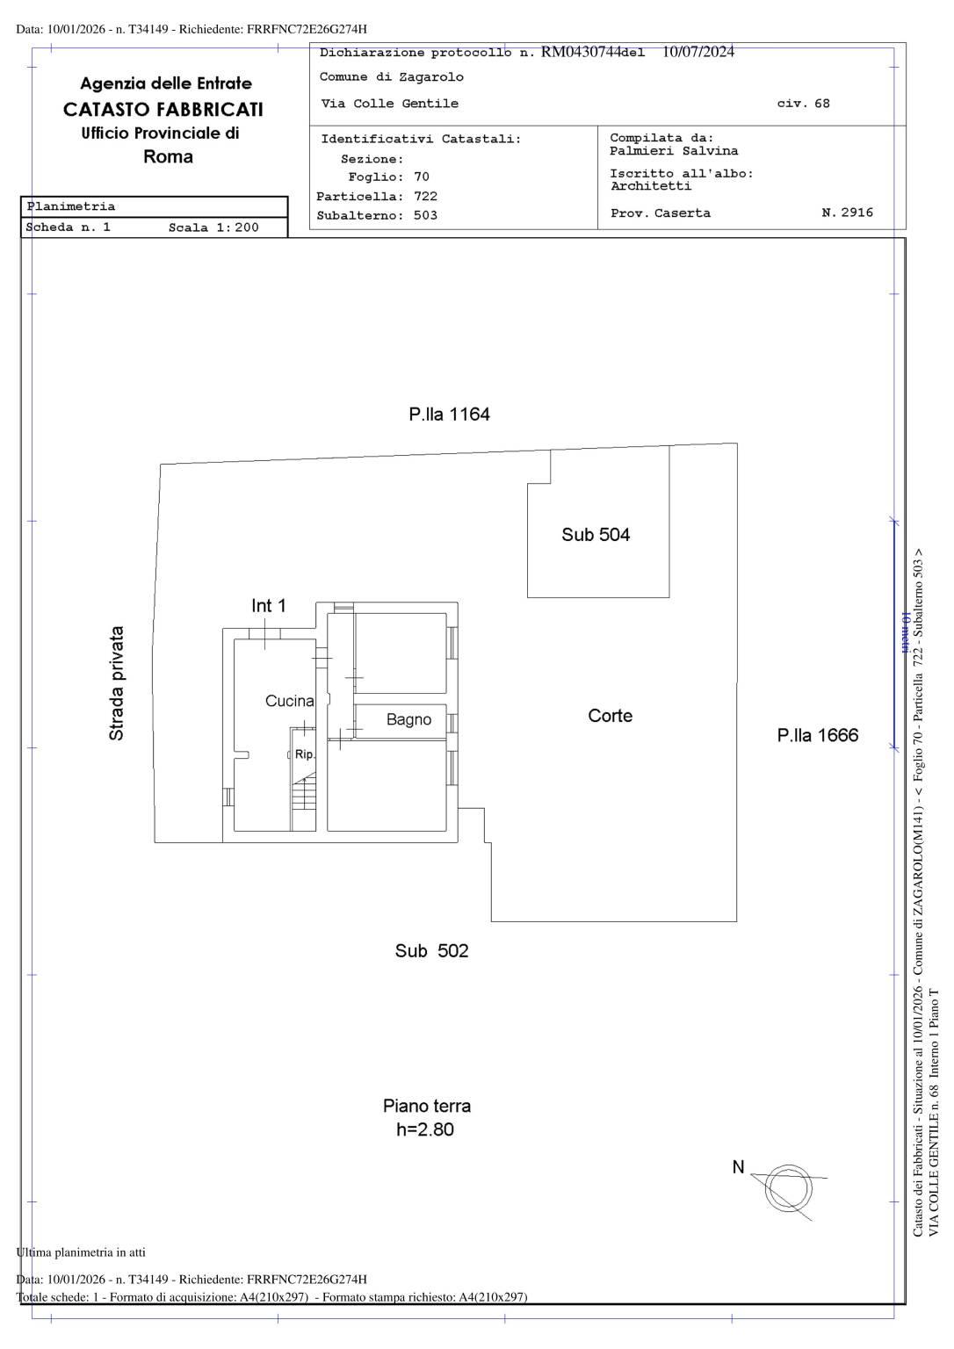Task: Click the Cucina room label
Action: click(290, 701)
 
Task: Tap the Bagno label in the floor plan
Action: click(409, 719)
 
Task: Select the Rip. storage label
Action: click(304, 754)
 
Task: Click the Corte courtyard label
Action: click(611, 716)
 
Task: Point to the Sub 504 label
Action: click(596, 535)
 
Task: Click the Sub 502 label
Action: click(432, 951)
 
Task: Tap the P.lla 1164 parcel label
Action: click(449, 415)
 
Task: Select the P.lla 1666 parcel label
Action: click(817, 735)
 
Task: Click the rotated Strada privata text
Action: click(116, 683)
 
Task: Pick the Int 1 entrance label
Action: click(269, 606)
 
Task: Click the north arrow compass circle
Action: click(788, 1190)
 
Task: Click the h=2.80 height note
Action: click(425, 1129)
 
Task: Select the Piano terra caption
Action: click(427, 1107)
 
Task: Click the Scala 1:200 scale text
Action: click(213, 227)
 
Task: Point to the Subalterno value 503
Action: click(425, 215)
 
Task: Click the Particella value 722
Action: click(425, 197)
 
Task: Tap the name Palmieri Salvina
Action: click(674, 151)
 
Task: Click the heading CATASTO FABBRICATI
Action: click(163, 110)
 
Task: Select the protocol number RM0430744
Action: click(581, 52)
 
